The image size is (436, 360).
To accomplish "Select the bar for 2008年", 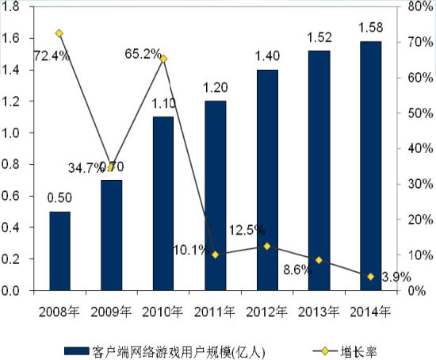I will [x=59, y=251].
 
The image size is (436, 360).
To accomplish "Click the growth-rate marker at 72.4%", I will [x=59, y=33].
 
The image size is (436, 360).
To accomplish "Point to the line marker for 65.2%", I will [x=163, y=59].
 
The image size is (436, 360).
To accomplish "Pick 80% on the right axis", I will [x=418, y=7].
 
